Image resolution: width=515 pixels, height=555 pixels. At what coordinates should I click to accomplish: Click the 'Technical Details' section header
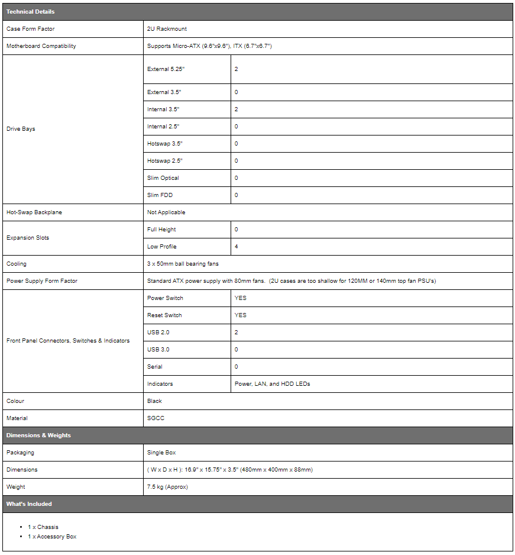pyautogui.click(x=30, y=12)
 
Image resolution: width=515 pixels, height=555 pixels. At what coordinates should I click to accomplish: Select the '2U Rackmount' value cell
pyautogui.click(x=167, y=29)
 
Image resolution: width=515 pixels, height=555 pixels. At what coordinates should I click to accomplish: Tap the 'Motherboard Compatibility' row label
pyautogui.click(x=41, y=46)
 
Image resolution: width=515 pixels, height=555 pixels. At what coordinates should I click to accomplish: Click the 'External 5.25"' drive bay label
pyautogui.click(x=165, y=69)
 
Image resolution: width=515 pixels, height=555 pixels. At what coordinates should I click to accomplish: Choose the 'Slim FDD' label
pyautogui.click(x=160, y=195)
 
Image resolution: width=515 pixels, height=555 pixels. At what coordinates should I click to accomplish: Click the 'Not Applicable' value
pyautogui.click(x=166, y=212)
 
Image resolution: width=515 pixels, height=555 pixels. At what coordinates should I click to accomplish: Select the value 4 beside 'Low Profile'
pyautogui.click(x=237, y=247)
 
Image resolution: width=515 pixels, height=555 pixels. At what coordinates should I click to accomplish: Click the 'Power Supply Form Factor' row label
pyautogui.click(x=41, y=281)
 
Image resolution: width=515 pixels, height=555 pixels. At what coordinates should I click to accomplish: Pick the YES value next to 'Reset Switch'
pyautogui.click(x=240, y=315)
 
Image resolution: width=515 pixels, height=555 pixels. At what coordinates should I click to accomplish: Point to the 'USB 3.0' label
pyautogui.click(x=158, y=350)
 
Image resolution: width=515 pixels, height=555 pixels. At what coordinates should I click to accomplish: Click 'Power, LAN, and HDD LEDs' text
pyautogui.click(x=272, y=384)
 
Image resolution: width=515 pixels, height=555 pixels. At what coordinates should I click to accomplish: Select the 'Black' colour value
pyautogui.click(x=154, y=401)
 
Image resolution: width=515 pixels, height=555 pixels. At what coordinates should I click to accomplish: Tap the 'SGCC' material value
pyautogui.click(x=155, y=418)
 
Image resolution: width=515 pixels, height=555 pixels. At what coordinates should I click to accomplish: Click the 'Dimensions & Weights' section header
pyautogui.click(x=38, y=435)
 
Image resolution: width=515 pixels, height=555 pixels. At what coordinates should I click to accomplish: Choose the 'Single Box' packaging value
pyautogui.click(x=161, y=453)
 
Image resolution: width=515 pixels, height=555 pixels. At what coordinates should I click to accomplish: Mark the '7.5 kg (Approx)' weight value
pyautogui.click(x=167, y=487)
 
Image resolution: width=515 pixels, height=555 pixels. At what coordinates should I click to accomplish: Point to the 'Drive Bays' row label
pyautogui.click(x=21, y=129)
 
